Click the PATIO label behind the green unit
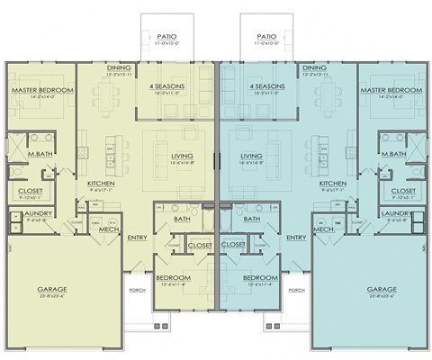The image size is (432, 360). [166, 35]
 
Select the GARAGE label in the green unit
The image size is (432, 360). [52, 289]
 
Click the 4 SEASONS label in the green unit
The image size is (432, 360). [166, 87]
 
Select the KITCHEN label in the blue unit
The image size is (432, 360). [332, 184]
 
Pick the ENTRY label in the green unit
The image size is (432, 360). [137, 238]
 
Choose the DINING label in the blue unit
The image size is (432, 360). [314, 67]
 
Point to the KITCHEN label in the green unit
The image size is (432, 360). [100, 184]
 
